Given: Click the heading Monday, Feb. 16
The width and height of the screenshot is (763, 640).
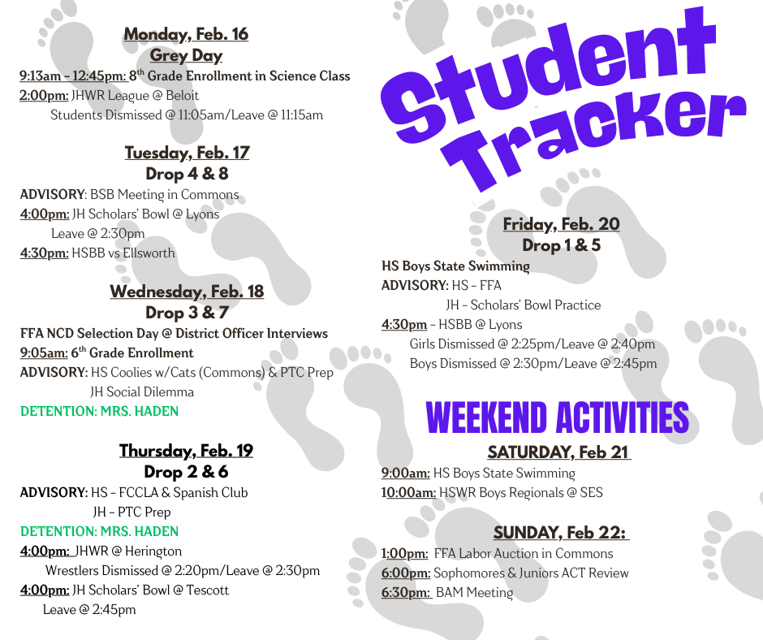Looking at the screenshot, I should (186, 34).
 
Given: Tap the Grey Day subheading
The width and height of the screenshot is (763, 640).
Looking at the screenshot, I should (186, 55).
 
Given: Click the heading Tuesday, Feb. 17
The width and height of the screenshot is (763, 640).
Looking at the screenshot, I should (187, 153).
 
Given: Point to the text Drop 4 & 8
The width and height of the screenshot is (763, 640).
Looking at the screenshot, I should (187, 174).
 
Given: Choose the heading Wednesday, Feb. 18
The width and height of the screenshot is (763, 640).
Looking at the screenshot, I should (187, 292).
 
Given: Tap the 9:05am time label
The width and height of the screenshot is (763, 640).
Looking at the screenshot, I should (43, 352).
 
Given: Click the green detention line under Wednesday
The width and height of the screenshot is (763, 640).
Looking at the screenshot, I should (99, 411).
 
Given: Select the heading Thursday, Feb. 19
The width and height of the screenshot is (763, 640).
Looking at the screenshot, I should (186, 451).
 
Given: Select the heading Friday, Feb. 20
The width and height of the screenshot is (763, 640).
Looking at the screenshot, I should (561, 224).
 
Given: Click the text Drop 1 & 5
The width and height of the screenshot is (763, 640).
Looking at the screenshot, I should (561, 245).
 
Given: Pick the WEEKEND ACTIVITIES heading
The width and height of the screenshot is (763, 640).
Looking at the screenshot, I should (558, 418).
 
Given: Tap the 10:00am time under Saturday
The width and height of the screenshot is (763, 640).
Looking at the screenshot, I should (408, 492).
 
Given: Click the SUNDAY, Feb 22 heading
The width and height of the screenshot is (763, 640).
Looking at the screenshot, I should (561, 533).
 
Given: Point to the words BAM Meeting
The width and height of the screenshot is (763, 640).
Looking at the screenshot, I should (474, 592).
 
